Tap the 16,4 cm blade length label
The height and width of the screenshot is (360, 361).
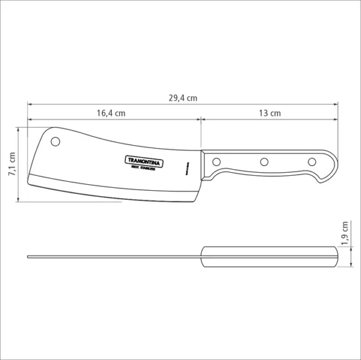pos(111,113)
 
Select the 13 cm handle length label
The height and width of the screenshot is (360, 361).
pos(269,113)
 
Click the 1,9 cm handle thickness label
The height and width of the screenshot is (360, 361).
pos(345,234)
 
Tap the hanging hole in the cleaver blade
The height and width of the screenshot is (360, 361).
pos(56,142)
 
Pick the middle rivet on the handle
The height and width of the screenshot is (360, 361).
pos(264,161)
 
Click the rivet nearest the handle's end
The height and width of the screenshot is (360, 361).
pos(312,161)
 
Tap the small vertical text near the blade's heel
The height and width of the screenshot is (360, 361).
pos(187,167)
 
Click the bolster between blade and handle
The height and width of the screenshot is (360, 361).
pos(205,164)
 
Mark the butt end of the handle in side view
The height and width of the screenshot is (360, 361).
pos(333,166)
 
